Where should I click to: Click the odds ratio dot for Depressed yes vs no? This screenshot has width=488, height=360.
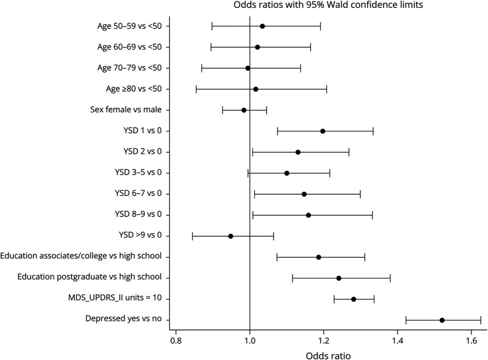pos(442,320)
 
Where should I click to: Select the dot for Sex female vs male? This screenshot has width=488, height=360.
pos(244,110)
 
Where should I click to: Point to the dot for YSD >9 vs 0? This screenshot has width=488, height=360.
pos(231,236)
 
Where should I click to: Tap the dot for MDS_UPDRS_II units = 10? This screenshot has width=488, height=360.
pos(354,299)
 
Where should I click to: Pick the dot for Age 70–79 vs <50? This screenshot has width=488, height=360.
pos(248,68)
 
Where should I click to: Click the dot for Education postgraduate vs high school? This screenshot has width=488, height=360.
pos(339,278)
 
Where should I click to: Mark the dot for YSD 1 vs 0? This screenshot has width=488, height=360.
pos(322,131)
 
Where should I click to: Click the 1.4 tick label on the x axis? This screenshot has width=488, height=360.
pos(398,340)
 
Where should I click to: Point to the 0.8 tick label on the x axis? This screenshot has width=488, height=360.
pos(176,340)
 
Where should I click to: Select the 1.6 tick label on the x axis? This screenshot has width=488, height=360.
pos(472,340)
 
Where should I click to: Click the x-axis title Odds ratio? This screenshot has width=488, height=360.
pos(329,356)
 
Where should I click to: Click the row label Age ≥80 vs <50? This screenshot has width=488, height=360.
pos(134,89)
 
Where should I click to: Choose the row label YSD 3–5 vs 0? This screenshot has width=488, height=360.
pos(138,172)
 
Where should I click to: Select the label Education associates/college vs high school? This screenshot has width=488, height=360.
pos(81,256)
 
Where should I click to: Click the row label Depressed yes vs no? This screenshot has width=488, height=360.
pos(123,319)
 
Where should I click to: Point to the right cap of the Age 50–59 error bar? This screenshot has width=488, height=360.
pos(321,26)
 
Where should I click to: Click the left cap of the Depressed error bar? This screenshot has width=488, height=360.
pos(406,320)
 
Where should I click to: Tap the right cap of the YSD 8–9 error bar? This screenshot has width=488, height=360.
pos(372,215)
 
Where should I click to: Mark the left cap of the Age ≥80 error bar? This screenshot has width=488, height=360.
pos(196,89)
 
